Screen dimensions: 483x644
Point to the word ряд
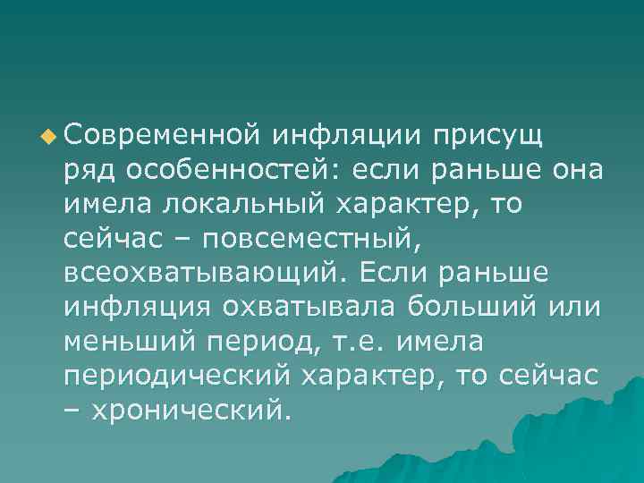(89, 171)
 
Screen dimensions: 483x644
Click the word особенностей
(235, 171)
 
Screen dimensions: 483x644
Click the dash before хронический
(72, 411)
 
